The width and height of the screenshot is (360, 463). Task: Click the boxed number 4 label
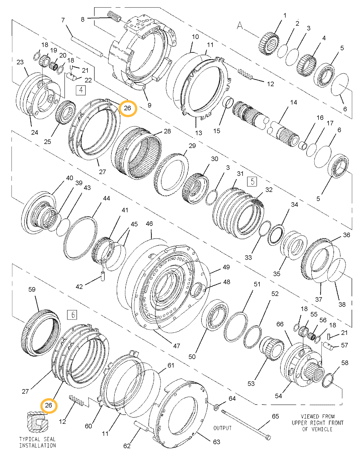pos(81,90)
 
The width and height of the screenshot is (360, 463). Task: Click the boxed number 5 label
pos(252,181)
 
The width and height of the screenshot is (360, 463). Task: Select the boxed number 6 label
pos(72,315)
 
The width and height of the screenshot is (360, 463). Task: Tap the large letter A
pos(240,26)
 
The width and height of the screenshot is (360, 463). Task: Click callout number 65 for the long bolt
pos(275,416)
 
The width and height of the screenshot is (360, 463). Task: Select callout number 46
pos(149,224)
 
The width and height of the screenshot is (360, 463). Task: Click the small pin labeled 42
pos(103,276)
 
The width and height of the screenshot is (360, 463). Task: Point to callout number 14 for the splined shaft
pos(293,102)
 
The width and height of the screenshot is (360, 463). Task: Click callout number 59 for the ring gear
pos(32,289)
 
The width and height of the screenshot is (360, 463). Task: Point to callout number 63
pos(216,442)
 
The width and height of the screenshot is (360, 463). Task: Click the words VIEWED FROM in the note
pos(318,417)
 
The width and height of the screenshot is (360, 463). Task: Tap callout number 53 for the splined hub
pos(251,384)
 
